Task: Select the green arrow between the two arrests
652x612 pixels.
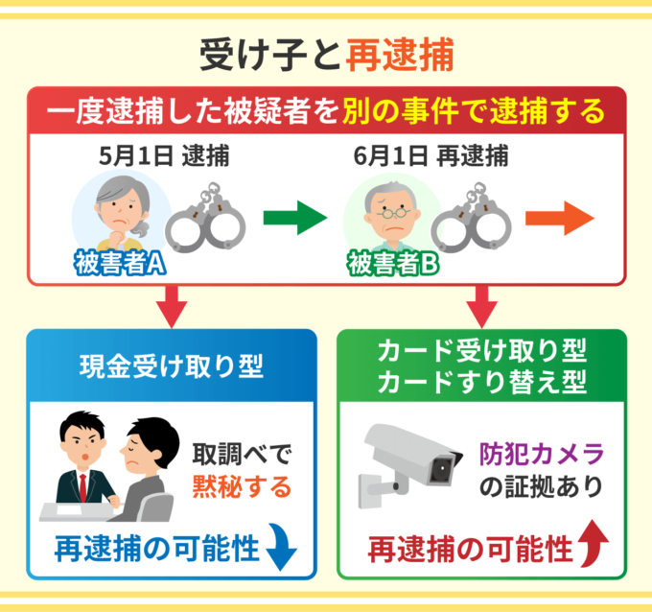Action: click(x=293, y=219)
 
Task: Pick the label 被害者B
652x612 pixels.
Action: click(x=386, y=263)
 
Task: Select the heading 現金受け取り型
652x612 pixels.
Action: click(x=170, y=365)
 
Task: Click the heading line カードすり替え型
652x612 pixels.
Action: click(x=482, y=382)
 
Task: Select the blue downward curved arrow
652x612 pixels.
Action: click(x=283, y=549)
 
